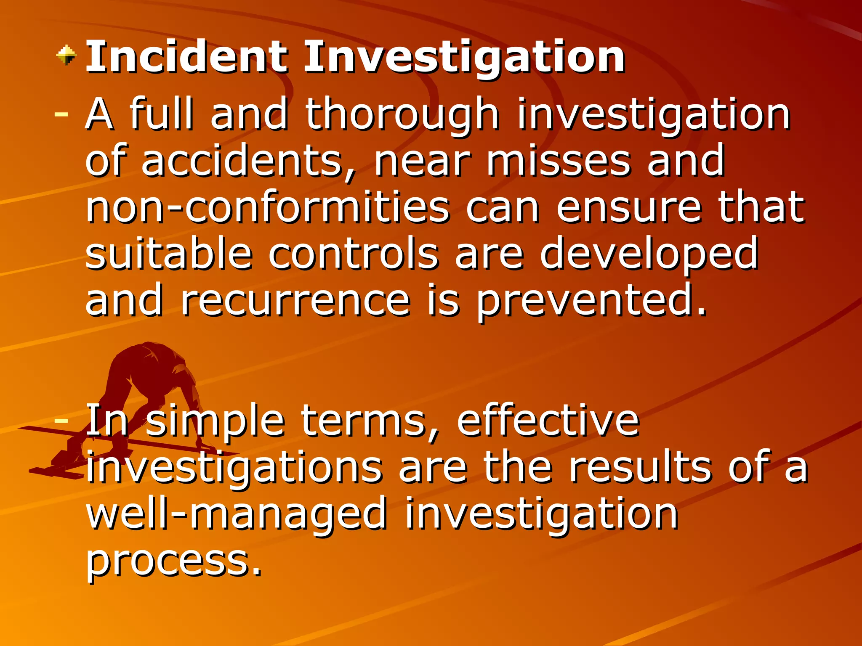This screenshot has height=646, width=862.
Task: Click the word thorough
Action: pos(402,114)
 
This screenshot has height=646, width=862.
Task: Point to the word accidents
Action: pos(248,161)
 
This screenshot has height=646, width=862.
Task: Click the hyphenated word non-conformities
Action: pos(268,207)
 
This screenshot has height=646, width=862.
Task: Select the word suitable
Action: pos(168,254)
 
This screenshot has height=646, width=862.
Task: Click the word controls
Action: pos(354,254)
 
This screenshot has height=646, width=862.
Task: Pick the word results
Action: pos(640,467)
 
